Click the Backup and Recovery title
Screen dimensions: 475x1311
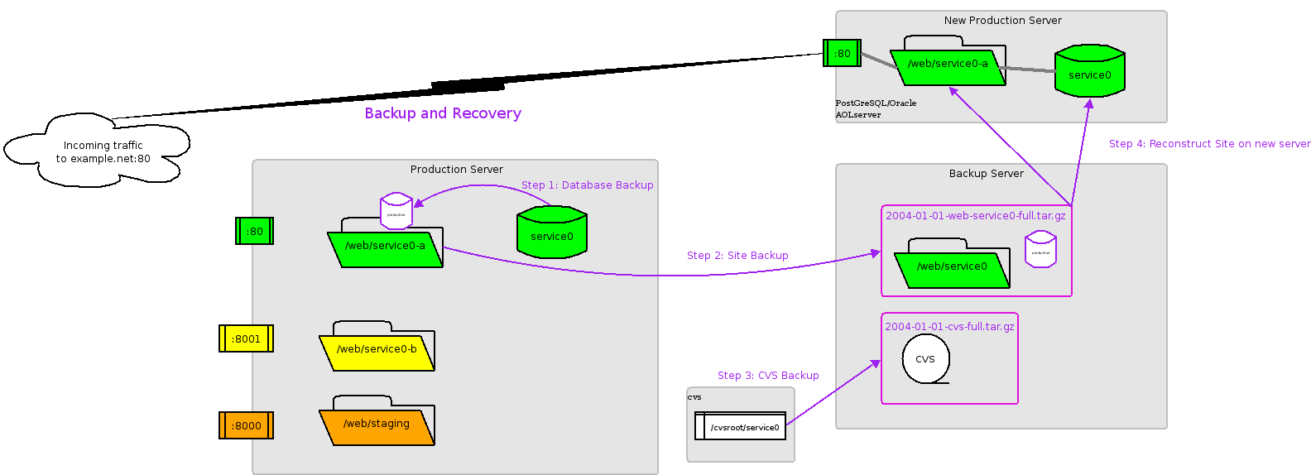(x=443, y=113)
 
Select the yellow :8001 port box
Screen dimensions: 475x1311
(x=246, y=338)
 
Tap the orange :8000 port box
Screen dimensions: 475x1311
(x=246, y=425)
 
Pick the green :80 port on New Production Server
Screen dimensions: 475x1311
(x=842, y=53)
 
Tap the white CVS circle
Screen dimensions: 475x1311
(x=925, y=359)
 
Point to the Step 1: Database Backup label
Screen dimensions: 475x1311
(x=587, y=185)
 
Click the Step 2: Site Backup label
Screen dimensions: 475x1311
(x=737, y=256)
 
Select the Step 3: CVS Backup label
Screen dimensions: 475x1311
(x=768, y=376)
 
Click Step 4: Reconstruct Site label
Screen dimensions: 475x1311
(x=1209, y=144)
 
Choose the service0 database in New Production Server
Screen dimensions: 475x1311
(x=1089, y=72)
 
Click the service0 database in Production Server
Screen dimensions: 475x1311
(x=551, y=233)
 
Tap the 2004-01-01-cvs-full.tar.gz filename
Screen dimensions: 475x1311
(x=949, y=327)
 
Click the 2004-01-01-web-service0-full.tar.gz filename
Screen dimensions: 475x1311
(x=976, y=216)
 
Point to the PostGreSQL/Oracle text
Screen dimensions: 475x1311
(x=876, y=103)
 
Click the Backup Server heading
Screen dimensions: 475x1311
(x=986, y=174)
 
